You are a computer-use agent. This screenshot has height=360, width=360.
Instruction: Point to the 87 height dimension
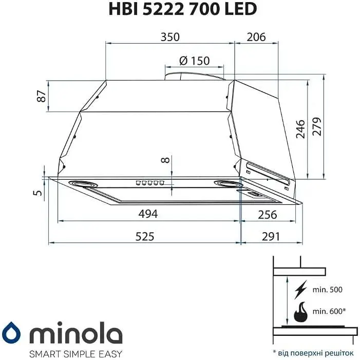42,96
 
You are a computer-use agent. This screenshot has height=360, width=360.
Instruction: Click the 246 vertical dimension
301,128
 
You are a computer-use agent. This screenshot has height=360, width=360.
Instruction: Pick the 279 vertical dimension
317,126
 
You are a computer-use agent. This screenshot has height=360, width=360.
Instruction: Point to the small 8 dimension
165,160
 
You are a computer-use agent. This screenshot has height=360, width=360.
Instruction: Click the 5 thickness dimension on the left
35,193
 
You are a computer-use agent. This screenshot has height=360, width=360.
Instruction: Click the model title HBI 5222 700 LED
182,9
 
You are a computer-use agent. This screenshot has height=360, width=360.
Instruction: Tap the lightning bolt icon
301,290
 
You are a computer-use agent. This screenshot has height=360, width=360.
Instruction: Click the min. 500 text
327,290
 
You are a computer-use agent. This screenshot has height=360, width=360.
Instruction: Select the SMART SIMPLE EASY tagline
75,353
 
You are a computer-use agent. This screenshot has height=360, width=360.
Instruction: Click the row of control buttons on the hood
149,183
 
